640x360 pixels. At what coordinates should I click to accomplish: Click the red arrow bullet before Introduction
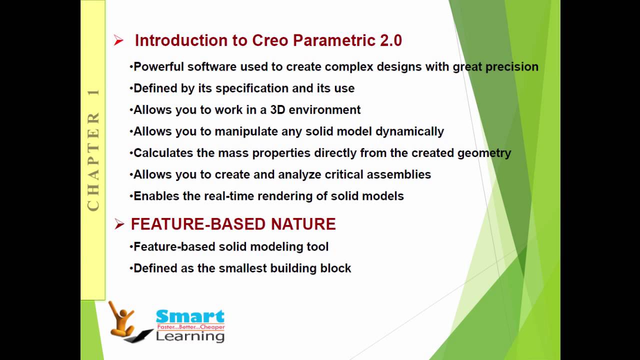[x=118, y=40]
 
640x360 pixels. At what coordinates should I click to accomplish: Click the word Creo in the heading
[x=270, y=40]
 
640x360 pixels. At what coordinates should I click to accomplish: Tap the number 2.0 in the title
[x=391, y=40]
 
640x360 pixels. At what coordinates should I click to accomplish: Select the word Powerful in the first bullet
[x=158, y=67]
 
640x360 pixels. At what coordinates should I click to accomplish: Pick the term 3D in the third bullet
[x=277, y=110]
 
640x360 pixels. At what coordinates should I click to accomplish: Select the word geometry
[x=484, y=153]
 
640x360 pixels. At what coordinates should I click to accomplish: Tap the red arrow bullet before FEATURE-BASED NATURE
[x=119, y=224]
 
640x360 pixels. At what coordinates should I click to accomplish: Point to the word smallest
[x=242, y=268]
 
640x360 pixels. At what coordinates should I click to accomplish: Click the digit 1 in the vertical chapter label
[x=93, y=92]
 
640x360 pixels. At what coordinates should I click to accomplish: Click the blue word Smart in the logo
[x=190, y=316]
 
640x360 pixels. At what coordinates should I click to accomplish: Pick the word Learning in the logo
[x=190, y=336]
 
